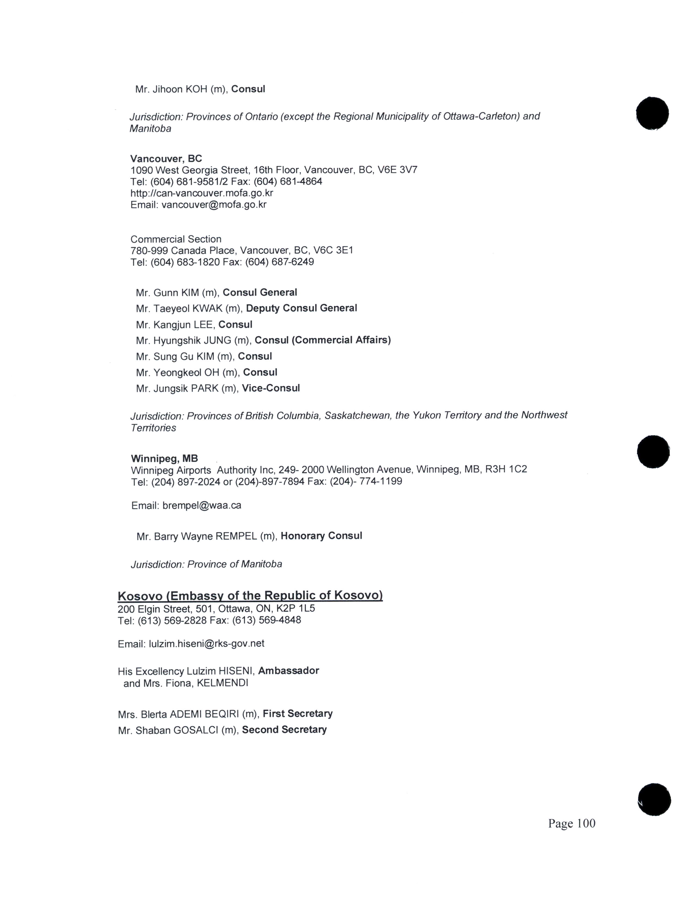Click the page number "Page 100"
pyautogui.click(x=572, y=823)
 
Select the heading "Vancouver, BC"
pyautogui.click(x=166, y=159)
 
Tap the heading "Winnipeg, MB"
pyautogui.click(x=164, y=458)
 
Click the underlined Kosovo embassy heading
pyautogui.click(x=250, y=596)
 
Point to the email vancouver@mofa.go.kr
pyautogui.click(x=214, y=205)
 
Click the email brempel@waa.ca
pyautogui.click(x=202, y=505)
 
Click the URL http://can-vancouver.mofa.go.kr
pyautogui.click(x=202, y=193)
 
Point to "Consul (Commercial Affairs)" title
pyautogui.click(x=322, y=340)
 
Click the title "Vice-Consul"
pyautogui.click(x=271, y=388)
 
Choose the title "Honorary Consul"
pyautogui.click(x=321, y=536)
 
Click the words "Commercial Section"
pyautogui.click(x=176, y=239)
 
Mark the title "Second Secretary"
pyautogui.click(x=284, y=730)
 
